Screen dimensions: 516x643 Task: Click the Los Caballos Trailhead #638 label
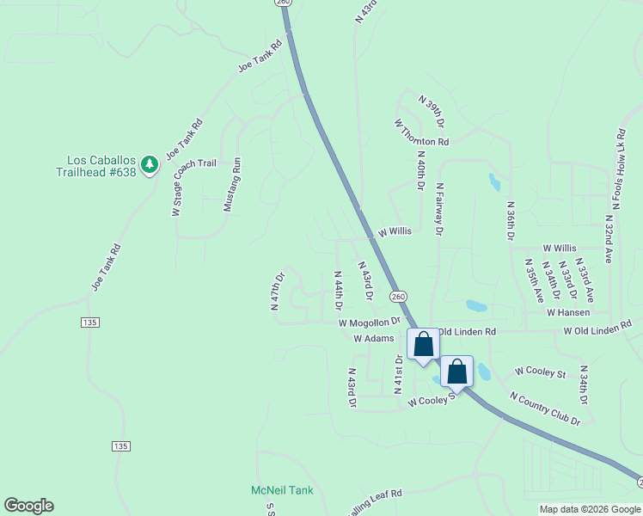[x=101, y=166]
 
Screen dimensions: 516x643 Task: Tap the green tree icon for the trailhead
[x=150, y=163]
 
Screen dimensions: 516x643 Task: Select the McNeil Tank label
[x=282, y=490]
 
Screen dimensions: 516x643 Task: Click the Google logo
[x=28, y=506]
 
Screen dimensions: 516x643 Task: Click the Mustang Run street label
[x=230, y=184]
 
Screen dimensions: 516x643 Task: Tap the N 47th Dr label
[x=277, y=292]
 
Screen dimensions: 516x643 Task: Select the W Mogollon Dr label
[x=370, y=322]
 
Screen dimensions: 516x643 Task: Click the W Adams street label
[x=374, y=339]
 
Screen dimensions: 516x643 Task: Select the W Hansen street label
[x=568, y=312]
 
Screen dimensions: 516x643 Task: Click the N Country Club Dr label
[x=545, y=408]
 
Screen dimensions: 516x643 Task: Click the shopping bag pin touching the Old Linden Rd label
[x=423, y=346]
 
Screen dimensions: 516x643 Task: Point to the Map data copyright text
[x=589, y=509]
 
